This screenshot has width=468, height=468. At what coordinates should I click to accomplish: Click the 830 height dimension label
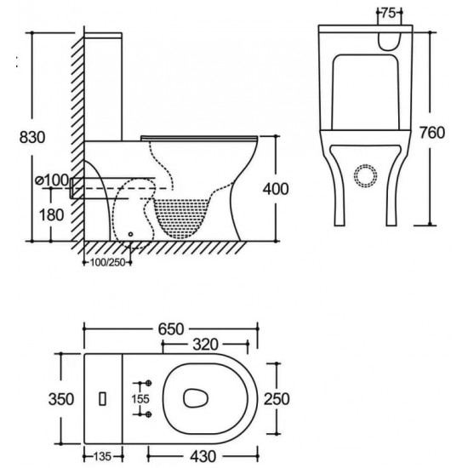tap(27, 137)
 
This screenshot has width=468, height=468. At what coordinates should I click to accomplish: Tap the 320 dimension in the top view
tap(204, 345)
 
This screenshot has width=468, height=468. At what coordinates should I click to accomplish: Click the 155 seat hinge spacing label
tap(140, 398)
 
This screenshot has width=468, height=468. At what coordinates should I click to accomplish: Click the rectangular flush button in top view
tap(103, 398)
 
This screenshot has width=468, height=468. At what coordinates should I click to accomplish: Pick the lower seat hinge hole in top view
tap(149, 414)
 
